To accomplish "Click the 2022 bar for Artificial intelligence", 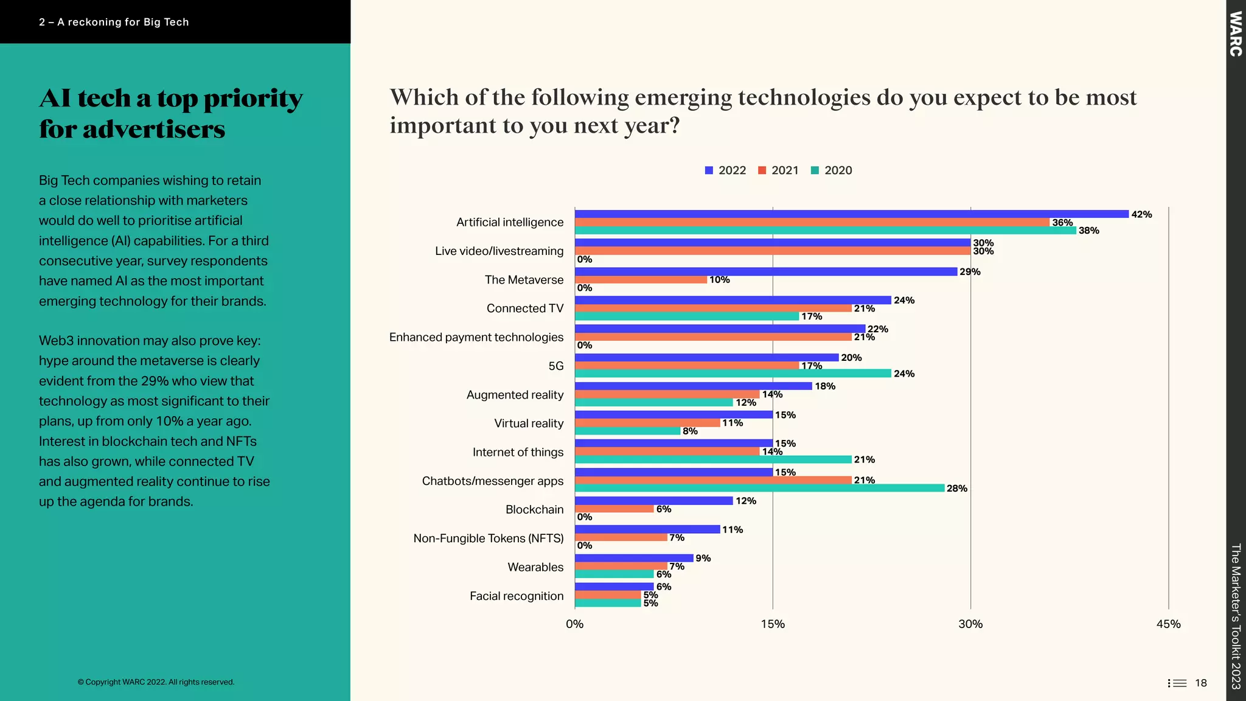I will click(x=852, y=214).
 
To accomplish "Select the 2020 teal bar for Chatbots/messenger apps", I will click(x=759, y=488).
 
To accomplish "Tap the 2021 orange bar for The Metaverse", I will click(x=641, y=280).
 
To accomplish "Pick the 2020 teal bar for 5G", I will click(x=733, y=374).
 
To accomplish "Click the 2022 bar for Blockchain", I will click(x=653, y=501).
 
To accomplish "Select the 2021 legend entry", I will click(x=778, y=170).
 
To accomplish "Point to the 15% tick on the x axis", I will click(x=773, y=624).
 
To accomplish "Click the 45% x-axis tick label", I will click(x=1168, y=624).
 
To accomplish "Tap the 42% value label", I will click(x=1141, y=214).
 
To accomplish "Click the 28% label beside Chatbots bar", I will click(x=957, y=488).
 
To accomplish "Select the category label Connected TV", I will click(x=524, y=309).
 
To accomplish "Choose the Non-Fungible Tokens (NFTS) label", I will click(x=488, y=539).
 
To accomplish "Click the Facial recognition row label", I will click(x=516, y=596).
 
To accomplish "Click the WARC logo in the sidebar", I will click(x=1236, y=33).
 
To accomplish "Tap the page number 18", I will click(x=1200, y=683).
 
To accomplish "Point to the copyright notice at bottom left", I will click(x=156, y=682).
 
